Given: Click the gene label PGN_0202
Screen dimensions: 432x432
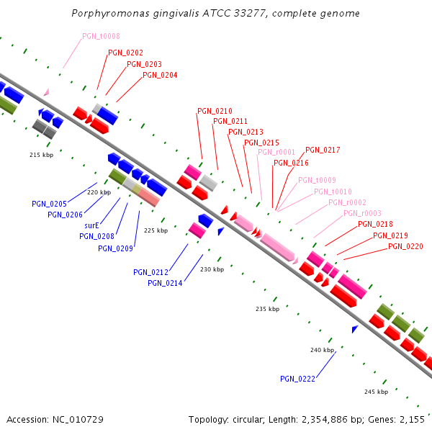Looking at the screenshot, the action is tap(125, 53).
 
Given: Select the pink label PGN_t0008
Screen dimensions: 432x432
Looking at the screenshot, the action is tap(101, 36).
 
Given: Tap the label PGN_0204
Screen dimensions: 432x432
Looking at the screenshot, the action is tap(160, 75).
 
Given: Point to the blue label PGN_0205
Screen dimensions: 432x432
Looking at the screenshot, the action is tap(49, 204).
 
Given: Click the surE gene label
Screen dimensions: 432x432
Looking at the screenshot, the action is tap(91, 225).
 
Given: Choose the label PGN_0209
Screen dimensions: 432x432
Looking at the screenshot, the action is tap(115, 248).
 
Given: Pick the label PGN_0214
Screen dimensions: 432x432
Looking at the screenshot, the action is tap(165, 283).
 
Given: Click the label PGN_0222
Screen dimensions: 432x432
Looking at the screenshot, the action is tap(297, 379).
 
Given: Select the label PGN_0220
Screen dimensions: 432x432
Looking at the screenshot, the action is tap(405, 246).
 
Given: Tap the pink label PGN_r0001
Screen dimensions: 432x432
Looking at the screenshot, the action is tap(276, 152).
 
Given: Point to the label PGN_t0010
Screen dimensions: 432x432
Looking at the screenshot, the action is tap(333, 192).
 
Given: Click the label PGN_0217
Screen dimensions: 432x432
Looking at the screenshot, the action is tap(323, 150).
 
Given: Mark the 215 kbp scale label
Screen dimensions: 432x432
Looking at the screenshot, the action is tap(41, 155).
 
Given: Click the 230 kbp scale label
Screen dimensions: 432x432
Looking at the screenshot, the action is tap(212, 269).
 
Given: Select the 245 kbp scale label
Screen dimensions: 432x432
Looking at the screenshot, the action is tap(376, 392).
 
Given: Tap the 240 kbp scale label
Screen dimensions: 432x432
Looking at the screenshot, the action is tap(322, 350).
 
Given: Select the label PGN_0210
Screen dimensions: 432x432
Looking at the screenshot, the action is tap(215, 111).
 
